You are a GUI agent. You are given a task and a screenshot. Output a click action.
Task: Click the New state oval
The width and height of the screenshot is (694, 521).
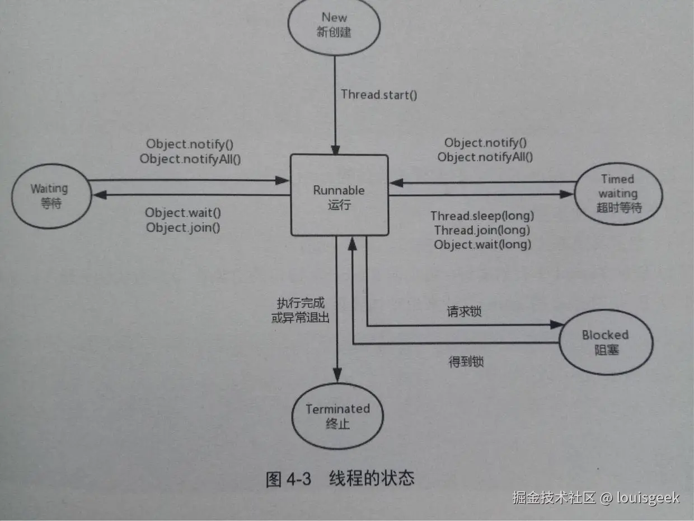pos(335,25)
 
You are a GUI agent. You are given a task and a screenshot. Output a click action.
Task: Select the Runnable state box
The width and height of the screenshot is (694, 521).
pos(339,195)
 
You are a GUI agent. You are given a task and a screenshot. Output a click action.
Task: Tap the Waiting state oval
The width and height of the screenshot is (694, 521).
pos(50,196)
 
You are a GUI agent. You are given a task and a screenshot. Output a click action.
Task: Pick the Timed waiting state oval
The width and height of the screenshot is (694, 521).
pos(618,194)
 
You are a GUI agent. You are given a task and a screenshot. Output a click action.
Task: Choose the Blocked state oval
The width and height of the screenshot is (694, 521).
pos(606,342)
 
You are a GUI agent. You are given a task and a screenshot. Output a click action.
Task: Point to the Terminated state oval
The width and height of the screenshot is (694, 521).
pos(337,416)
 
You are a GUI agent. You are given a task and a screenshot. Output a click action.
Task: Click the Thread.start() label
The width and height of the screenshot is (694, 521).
pos(379,94)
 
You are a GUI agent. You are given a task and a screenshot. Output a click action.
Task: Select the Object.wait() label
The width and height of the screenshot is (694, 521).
pos(183,213)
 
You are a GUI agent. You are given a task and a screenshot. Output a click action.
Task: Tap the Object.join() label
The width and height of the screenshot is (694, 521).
pos(182,228)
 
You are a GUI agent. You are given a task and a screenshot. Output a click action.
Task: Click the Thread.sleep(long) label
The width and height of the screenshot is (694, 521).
pos(482,216)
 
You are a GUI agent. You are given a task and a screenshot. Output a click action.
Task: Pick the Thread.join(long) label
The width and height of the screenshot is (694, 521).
pos(482,230)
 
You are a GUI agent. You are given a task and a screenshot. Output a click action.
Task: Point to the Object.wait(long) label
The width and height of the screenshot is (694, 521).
pos(482,245)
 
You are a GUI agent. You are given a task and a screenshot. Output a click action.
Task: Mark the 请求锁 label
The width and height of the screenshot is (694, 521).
pos(464,311)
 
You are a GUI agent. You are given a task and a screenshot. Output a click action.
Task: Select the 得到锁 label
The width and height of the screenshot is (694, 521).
pos(466,362)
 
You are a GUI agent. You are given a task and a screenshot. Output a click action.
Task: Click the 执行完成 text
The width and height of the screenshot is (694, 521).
pos(301,303)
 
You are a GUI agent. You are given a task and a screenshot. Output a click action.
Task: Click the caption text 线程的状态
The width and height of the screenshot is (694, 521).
pos(372,479)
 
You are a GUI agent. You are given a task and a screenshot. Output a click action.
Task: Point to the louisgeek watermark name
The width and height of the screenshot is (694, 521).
pos(649,497)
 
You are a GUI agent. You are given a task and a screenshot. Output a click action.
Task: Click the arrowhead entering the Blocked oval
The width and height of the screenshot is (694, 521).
pos(557,325)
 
